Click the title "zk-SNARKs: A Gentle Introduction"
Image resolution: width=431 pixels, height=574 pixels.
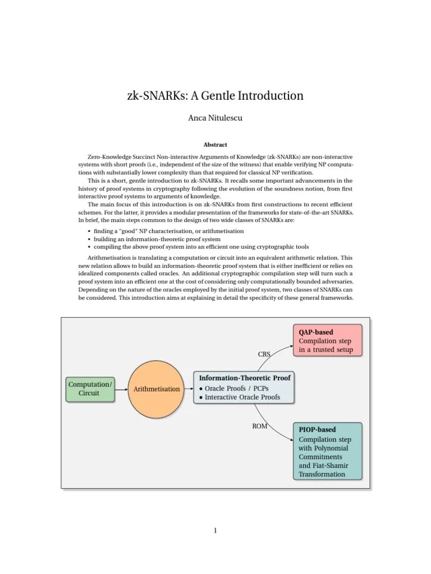click(215, 96)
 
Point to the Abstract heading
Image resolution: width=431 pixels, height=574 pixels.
click(215, 145)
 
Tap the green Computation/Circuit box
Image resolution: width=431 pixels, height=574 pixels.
click(90, 388)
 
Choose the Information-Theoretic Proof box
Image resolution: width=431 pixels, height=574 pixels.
click(245, 387)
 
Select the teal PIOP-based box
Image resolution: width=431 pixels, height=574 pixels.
click(328, 451)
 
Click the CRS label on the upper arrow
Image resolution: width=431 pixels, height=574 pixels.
click(264, 354)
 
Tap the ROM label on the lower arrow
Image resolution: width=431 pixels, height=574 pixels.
click(260, 426)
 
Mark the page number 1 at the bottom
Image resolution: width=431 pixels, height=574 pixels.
click(215, 531)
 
